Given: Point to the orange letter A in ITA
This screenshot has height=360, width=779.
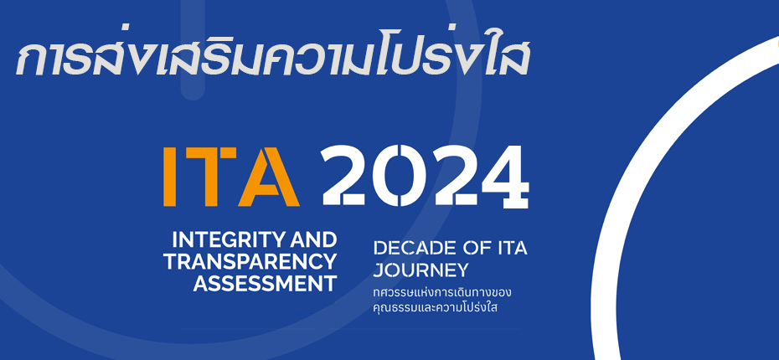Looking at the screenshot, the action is coord(269,177).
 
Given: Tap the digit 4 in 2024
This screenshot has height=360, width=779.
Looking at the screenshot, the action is coord(505,177).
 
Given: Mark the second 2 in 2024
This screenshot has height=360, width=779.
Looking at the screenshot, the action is coord(454,176).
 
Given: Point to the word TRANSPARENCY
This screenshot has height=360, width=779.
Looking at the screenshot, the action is coord(250,262).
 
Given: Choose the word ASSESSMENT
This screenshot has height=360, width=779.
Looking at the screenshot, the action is coord(265,284).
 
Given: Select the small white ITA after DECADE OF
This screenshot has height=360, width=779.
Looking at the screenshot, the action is coord(509,248).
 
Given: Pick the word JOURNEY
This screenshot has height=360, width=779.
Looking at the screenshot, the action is coord(420,270).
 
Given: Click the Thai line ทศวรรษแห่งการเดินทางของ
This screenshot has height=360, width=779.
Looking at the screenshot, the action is coord(442,293).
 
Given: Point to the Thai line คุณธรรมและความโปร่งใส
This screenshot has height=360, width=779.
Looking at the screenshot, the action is coord(436,307).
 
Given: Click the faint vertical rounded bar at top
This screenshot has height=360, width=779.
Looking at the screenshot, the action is coord(193,49).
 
